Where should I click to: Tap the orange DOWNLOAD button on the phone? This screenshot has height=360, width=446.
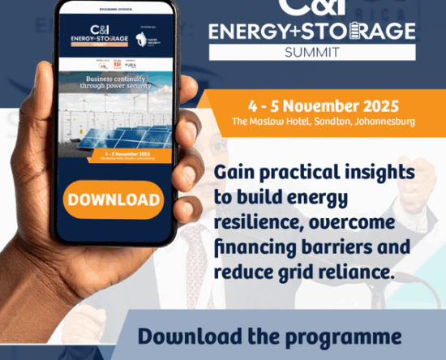113,199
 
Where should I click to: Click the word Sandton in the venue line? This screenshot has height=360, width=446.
327,122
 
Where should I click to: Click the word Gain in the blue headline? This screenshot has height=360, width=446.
235,173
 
